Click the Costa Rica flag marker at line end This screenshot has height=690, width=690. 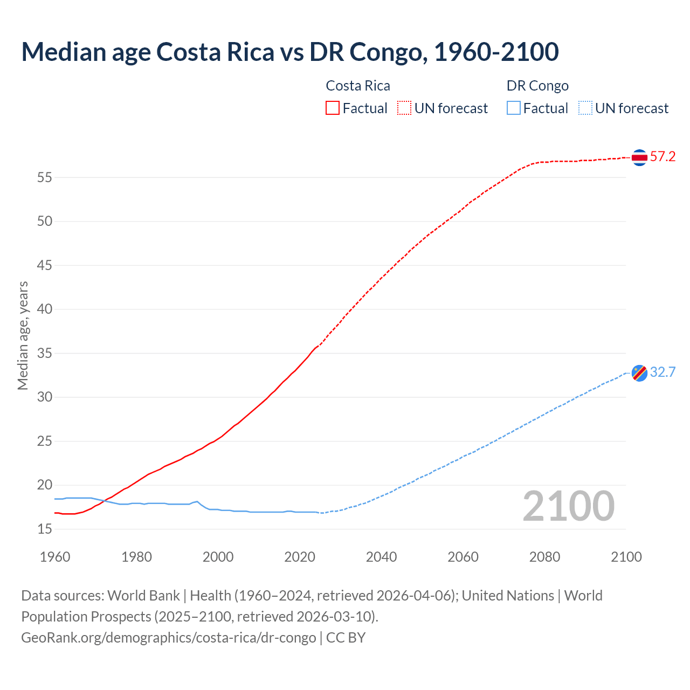click(639, 157)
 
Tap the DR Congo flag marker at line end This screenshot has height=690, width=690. click(639, 372)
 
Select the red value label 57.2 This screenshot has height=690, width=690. click(663, 157)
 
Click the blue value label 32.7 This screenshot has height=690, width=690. click(663, 372)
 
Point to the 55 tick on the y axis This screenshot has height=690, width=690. click(45, 177)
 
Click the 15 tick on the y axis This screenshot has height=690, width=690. click(45, 529)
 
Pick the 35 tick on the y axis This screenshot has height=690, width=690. click(45, 354)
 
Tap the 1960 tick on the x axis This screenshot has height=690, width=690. click(55, 557)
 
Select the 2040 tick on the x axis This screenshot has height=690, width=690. click(381, 557)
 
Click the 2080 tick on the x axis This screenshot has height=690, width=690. click(544, 557)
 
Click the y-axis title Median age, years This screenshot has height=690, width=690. click(23, 335)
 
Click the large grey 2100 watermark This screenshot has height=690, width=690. click(568, 506)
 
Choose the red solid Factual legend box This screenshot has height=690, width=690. click(333, 108)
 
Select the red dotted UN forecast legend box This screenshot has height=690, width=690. click(404, 108)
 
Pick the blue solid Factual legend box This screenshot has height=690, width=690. click(514, 108)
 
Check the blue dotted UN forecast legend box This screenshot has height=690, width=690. click(585, 108)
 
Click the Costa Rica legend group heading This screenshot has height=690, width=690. click(358, 86)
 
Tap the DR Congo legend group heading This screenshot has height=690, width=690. click(537, 86)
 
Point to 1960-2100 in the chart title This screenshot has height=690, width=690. click(496, 52)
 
